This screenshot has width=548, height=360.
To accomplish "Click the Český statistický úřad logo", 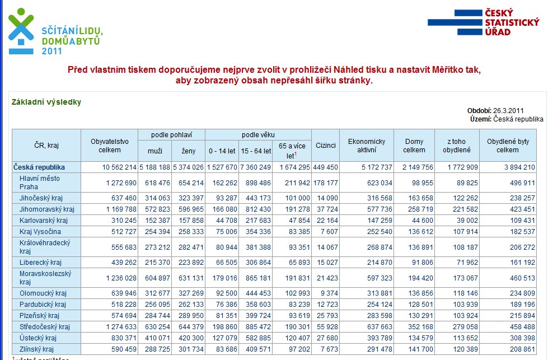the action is [x=484, y=22].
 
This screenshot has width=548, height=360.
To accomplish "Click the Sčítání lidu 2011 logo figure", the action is [x=21, y=31].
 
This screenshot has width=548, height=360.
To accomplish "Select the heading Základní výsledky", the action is [x=46, y=102].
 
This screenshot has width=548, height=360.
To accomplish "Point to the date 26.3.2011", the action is [x=508, y=111].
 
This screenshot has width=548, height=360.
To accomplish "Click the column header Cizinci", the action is [x=325, y=146].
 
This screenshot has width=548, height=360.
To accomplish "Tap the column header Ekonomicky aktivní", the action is [x=367, y=146].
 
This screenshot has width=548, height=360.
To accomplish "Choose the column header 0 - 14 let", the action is [x=222, y=151].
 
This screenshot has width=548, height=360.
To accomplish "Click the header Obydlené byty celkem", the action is [x=508, y=146].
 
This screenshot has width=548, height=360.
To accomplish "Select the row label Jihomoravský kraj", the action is [x=47, y=209].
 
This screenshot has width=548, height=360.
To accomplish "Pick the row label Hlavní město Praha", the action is [x=40, y=183].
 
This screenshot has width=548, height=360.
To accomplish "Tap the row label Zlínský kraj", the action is [x=37, y=349].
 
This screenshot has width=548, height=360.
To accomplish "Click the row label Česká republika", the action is [x=39, y=167].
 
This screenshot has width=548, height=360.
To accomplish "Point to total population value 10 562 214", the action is [x=119, y=167].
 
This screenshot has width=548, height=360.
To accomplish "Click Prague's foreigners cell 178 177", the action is [x=325, y=183].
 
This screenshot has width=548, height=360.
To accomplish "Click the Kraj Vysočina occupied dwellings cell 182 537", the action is [x=522, y=232].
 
